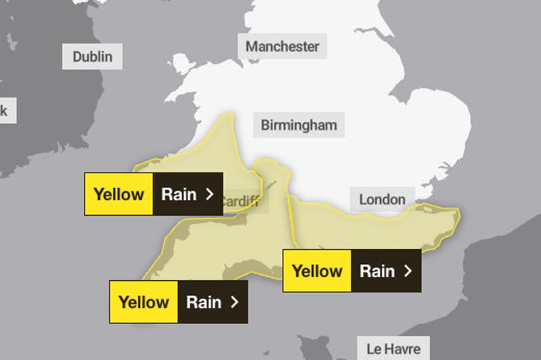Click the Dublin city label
click(93, 56)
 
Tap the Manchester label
click(282, 47)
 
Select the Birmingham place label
click(298, 125)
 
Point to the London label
click(382, 199)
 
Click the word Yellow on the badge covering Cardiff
click(119, 194)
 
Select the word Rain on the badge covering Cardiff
click(179, 194)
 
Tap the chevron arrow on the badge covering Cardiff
click(209, 194)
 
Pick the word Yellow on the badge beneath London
click(316, 271)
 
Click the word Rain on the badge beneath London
click(377, 271)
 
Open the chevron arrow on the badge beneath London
click(407, 271)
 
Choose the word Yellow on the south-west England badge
click(143, 302)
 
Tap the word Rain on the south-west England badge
click(204, 302)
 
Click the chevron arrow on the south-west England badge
click(234, 302)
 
